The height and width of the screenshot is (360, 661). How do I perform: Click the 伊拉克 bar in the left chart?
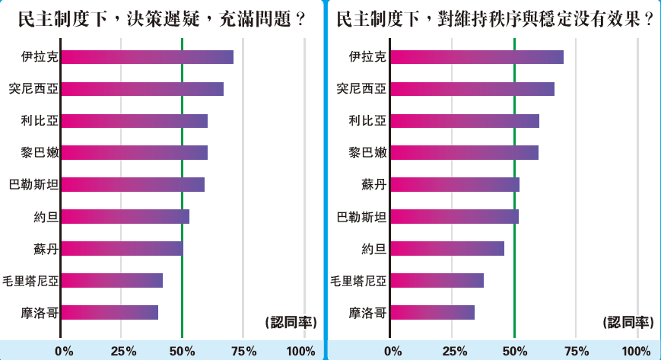coord(147,57)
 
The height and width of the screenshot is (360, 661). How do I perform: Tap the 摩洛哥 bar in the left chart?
coord(110,312)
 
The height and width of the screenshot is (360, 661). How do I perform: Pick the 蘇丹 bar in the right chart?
coord(454,184)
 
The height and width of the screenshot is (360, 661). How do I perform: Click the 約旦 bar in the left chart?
coord(125,216)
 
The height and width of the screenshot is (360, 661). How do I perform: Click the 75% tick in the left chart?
coord(243,351)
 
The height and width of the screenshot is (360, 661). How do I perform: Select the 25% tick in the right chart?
coord(454,351)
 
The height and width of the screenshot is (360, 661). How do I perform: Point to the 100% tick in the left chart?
coord(301,351)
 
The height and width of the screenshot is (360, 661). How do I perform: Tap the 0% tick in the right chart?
coord(392,351)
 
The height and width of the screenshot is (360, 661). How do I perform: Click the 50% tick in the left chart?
coord(182,351)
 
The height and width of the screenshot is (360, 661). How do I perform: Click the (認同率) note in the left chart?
coord(291,322)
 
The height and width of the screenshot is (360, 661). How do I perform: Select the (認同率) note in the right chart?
coord(629,322)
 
